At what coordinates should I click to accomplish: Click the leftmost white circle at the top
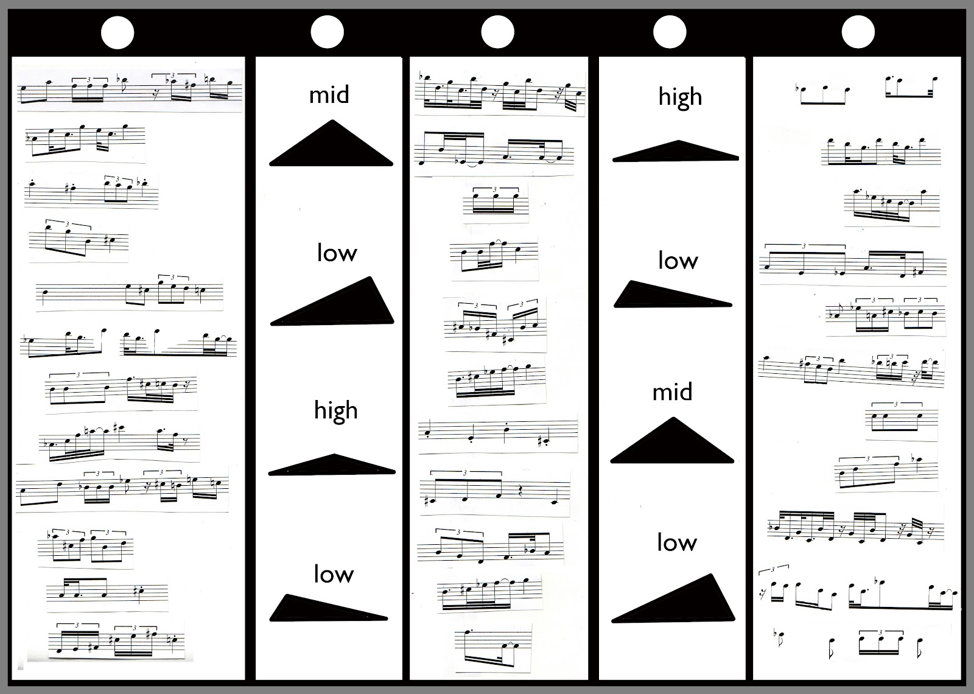[x=117, y=32]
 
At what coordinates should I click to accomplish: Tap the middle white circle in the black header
[x=497, y=32]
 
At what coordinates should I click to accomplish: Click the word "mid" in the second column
[x=329, y=95]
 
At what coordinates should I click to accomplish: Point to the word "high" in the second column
[x=335, y=412]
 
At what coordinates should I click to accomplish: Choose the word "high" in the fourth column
[x=680, y=97]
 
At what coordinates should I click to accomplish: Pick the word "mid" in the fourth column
[x=672, y=392]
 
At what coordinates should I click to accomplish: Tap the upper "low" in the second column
[x=337, y=253]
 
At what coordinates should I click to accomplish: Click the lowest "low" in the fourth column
[x=676, y=542]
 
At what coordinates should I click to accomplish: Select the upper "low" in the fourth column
[x=678, y=261]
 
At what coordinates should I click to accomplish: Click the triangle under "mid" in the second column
[x=332, y=148]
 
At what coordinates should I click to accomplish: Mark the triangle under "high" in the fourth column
[x=676, y=152]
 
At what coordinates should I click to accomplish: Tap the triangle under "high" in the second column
[x=332, y=465]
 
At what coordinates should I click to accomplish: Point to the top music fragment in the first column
[x=130, y=89]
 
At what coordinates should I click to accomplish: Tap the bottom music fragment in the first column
[x=116, y=640]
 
